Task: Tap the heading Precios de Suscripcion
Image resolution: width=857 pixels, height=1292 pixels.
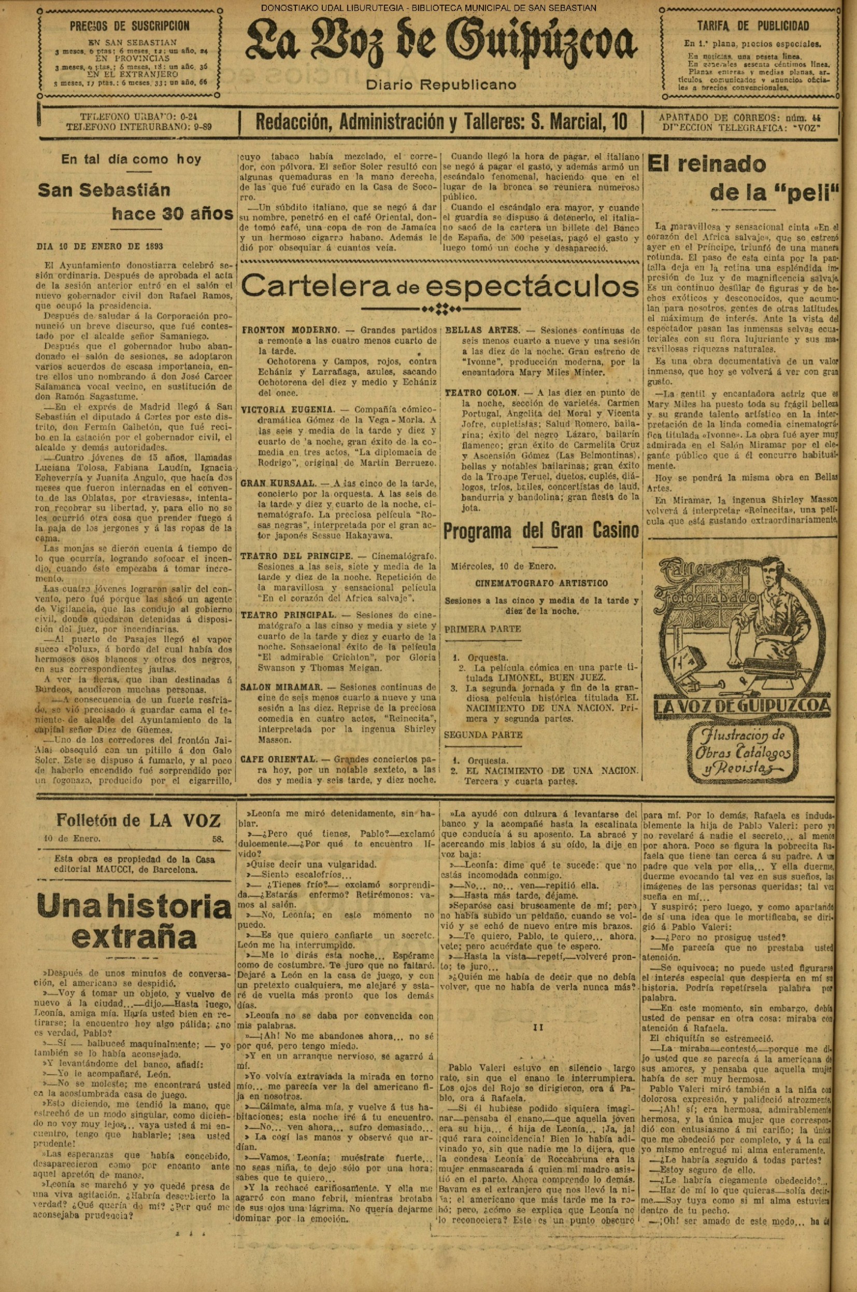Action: coord(130,26)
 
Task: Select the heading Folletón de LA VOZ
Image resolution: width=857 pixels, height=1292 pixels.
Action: coord(138,821)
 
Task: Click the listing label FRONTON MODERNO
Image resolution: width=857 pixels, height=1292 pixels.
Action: coord(291,331)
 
